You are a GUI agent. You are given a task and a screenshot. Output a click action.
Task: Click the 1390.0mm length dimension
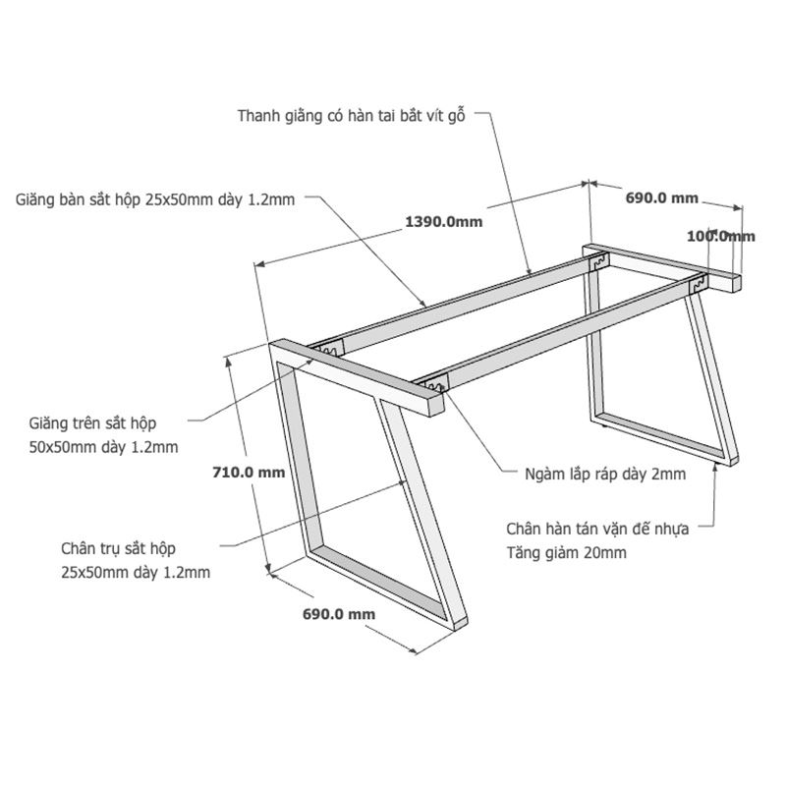444,222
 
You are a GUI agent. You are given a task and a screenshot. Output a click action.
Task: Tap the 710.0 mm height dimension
249,473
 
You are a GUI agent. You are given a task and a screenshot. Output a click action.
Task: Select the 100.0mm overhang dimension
721,236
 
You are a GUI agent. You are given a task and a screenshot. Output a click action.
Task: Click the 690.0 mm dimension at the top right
661,198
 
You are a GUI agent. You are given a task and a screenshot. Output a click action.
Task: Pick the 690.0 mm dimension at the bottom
339,614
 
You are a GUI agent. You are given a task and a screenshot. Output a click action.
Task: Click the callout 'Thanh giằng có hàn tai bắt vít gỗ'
352,116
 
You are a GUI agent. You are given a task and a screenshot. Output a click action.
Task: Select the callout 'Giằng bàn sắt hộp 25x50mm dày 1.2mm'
155,199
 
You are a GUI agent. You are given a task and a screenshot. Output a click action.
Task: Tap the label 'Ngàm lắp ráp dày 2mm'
605,474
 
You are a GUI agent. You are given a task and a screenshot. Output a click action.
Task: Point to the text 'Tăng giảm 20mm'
567,553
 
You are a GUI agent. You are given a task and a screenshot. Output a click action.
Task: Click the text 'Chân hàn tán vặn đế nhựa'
597,529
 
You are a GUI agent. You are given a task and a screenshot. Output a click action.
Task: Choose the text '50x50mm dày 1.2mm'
104,447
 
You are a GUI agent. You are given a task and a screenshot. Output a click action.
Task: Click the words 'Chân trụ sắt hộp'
118,548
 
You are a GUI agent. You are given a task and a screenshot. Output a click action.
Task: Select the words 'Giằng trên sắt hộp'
92,423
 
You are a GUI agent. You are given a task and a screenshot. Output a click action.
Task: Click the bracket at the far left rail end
329,349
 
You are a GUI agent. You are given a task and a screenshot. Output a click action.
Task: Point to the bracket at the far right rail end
698,285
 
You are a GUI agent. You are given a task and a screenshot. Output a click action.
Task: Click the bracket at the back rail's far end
598,261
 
